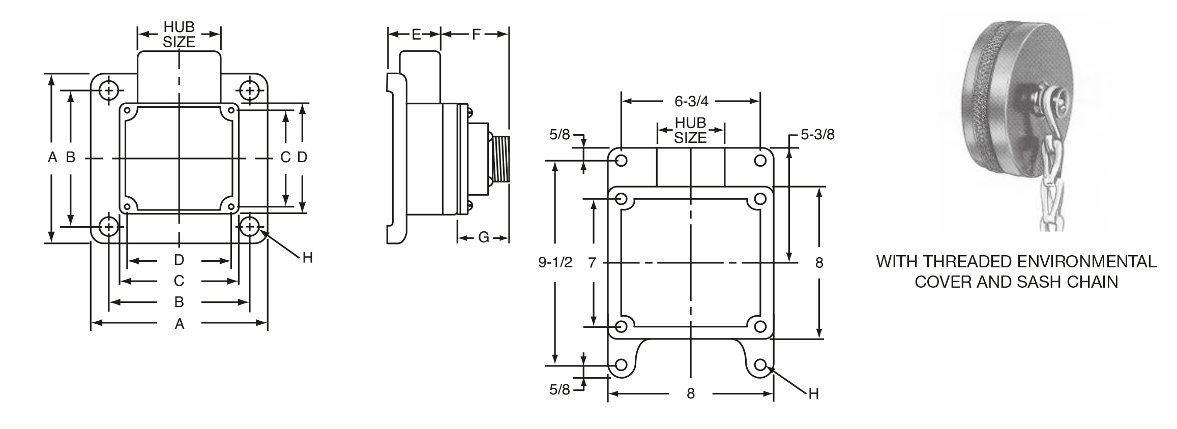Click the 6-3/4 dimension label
coord(691,101)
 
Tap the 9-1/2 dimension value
coord(555,262)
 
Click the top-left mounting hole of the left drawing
coord(108,91)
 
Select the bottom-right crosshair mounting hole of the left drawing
coord(249,226)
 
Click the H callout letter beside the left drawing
coord(307,258)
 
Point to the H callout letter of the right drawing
coord(813,393)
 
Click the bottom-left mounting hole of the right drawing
coord(621,365)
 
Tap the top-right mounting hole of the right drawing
coord(760,161)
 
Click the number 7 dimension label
coord(592,262)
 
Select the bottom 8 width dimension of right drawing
coord(690,393)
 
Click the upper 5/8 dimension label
coord(560,135)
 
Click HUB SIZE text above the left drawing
coord(179,35)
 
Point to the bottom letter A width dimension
coord(179,324)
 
